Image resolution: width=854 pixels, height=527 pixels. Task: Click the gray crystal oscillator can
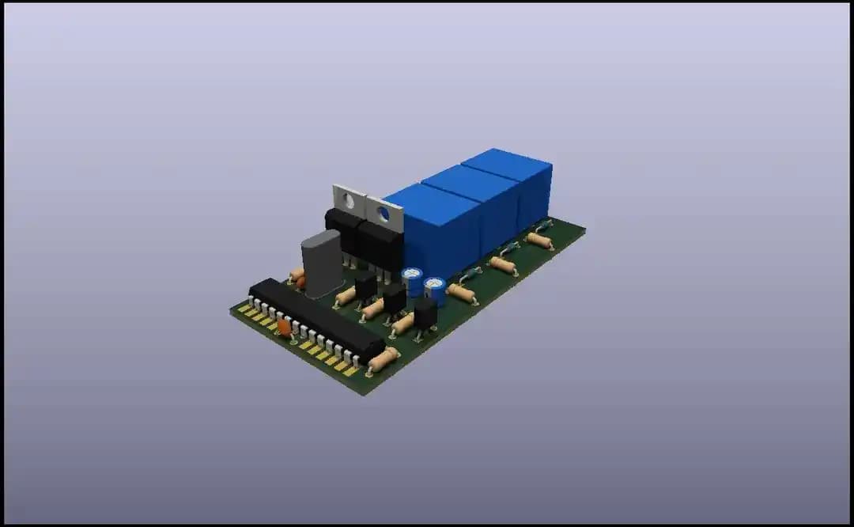coord(322,263)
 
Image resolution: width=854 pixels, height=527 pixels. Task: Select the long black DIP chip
coord(316,317)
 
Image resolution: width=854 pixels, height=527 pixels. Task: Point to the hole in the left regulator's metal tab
coord(349,200)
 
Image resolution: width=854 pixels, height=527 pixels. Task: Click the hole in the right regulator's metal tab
coord(384,213)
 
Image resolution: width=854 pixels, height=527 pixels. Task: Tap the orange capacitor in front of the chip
coord(284,327)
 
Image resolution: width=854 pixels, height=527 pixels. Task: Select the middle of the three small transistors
coord(394,298)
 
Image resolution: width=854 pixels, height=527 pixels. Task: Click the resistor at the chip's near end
coord(383,360)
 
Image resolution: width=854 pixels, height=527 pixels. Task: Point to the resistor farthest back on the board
coord(539,240)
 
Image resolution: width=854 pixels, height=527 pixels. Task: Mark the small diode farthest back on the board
coord(543,226)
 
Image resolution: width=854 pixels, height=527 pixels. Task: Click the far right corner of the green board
coord(585,229)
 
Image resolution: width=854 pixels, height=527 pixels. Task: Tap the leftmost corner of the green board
coord(231,309)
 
